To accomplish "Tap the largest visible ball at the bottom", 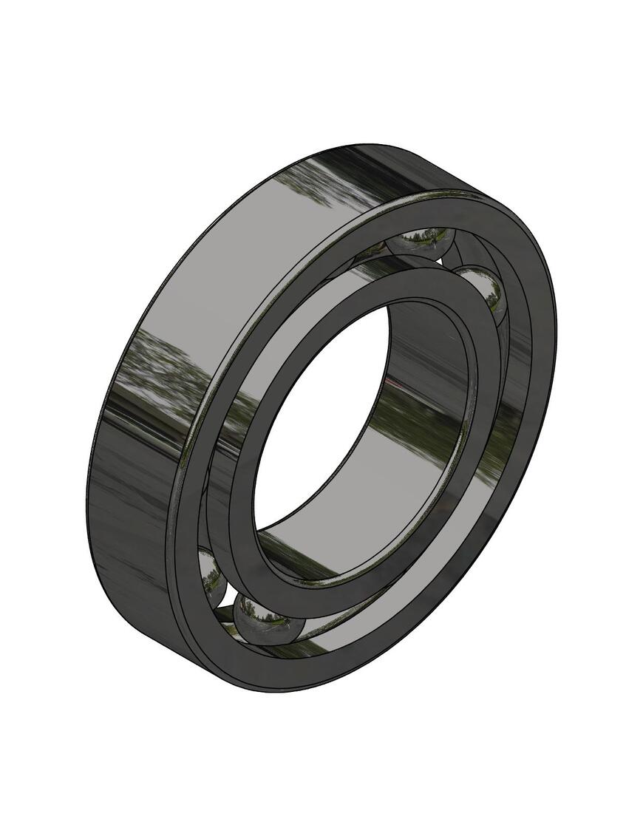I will (x=268, y=620).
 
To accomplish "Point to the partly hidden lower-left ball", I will (x=212, y=577).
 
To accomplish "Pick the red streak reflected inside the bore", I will (x=403, y=389).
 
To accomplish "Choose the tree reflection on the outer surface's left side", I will (x=159, y=370).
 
